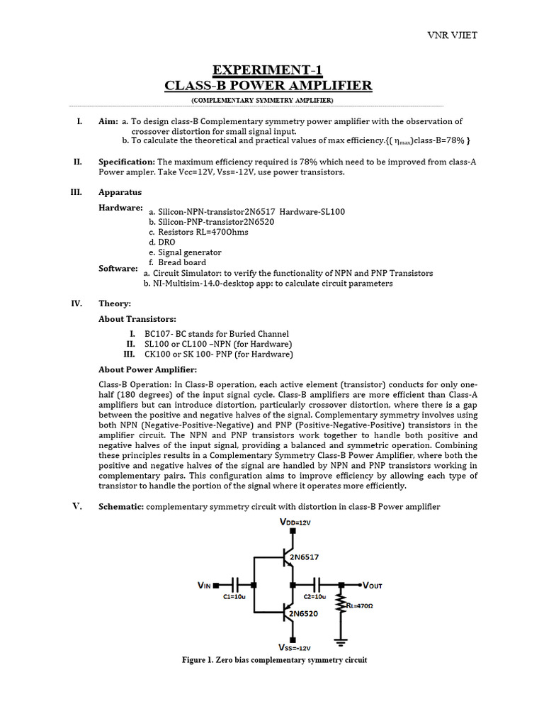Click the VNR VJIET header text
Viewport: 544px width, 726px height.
[x=505, y=36]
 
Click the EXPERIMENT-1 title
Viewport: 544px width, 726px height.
[x=268, y=69]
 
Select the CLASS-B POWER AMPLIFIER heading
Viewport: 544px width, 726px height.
[x=268, y=86]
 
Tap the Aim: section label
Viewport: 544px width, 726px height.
[x=108, y=122]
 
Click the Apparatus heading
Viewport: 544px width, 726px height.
[x=120, y=192]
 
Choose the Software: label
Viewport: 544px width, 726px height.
[x=118, y=268]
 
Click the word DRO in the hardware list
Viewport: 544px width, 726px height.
[x=166, y=242]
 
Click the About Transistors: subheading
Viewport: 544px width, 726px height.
[x=137, y=319]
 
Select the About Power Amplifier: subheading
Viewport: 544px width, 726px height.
[x=147, y=369]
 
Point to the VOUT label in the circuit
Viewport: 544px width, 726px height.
[x=372, y=586]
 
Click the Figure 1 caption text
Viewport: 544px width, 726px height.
[x=274, y=660]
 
